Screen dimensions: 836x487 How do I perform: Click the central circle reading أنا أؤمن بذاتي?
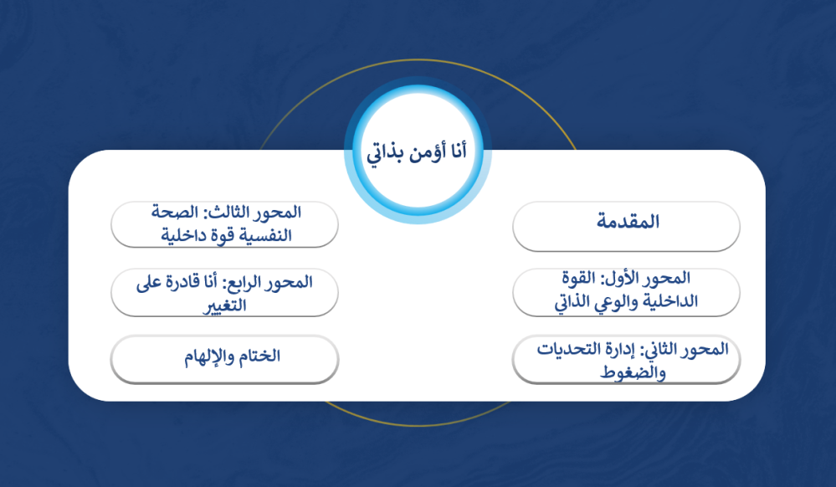[418, 150]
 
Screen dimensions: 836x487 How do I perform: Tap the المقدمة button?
[626, 226]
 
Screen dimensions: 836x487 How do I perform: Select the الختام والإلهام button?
[224, 359]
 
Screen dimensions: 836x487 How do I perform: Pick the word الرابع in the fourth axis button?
[247, 282]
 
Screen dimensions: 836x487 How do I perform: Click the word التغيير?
[224, 305]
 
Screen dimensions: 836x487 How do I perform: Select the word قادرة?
[185, 282]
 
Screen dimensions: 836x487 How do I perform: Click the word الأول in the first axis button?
[623, 278]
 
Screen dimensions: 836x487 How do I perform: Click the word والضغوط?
[633, 372]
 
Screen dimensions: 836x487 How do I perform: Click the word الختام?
[259, 356]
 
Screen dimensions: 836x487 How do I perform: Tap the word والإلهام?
[210, 356]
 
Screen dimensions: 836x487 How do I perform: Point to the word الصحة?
[174, 213]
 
